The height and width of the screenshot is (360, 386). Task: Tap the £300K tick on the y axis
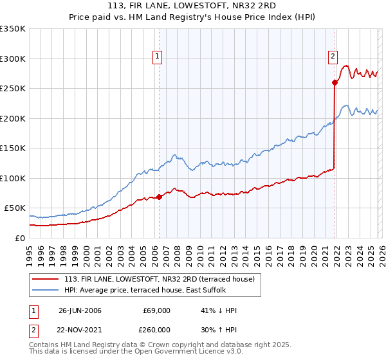(13, 59)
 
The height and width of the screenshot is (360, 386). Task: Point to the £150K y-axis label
(13, 148)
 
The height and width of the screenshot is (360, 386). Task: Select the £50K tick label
(15, 208)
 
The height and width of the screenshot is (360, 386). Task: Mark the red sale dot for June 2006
(160, 197)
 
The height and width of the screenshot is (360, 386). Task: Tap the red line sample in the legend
(46, 279)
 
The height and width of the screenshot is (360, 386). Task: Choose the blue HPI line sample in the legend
(46, 290)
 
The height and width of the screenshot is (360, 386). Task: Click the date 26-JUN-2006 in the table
(80, 310)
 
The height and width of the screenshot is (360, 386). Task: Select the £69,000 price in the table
(157, 310)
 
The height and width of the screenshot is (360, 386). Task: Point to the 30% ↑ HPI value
(219, 328)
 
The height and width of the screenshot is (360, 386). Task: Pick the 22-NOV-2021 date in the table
(80, 328)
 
